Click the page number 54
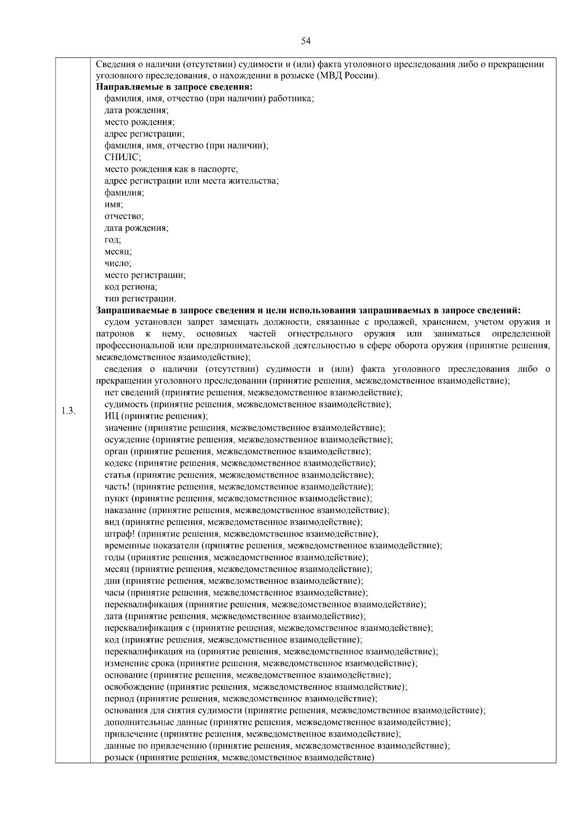click(306, 41)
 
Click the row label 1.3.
click(68, 411)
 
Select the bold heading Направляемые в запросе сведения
click(174, 87)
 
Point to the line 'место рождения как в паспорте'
click(171, 169)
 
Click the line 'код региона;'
click(130, 287)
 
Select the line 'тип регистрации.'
click(140, 298)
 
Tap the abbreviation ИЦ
click(111, 416)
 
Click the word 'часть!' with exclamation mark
click(118, 487)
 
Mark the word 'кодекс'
click(118, 463)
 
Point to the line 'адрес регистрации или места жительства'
click(191, 181)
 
